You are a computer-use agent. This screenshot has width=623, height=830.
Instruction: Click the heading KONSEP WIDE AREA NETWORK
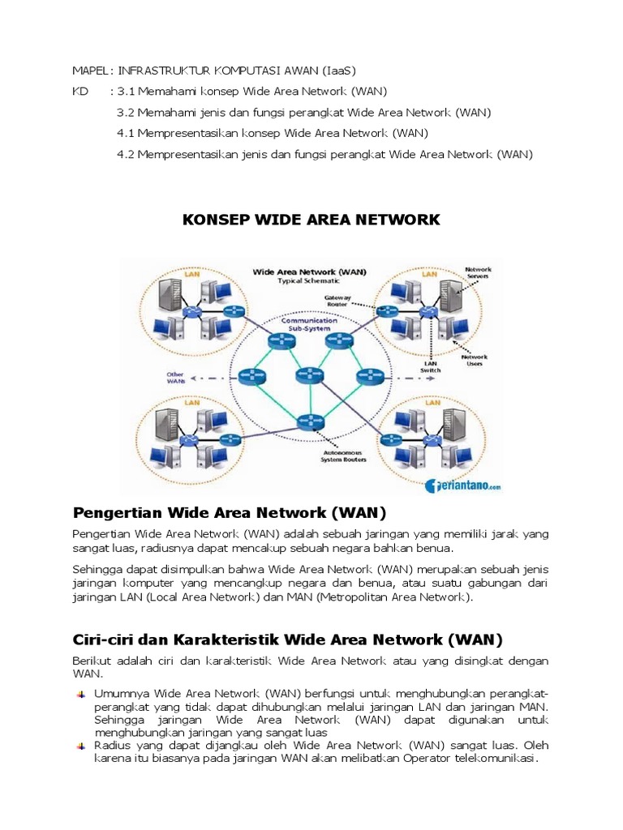311,220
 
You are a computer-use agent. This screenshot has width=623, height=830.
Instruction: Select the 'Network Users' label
474,361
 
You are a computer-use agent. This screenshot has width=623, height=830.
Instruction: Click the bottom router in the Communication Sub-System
308,421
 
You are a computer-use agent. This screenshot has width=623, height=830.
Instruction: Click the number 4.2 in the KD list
126,154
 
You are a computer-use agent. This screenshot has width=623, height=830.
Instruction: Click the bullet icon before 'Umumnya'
81,695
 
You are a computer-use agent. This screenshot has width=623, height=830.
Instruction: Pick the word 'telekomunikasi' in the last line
497,759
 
